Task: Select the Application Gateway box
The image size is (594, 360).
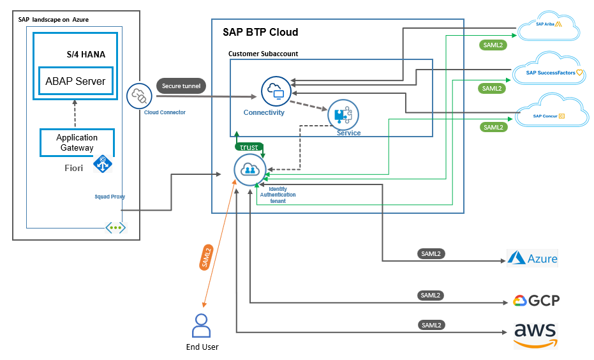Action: coord(77,142)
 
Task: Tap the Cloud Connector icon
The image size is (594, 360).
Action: coord(138,96)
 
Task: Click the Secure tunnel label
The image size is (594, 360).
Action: coord(181,86)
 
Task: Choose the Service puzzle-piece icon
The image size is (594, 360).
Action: coord(343,115)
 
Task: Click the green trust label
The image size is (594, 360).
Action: coord(249,147)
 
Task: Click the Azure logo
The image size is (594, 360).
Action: coord(532,259)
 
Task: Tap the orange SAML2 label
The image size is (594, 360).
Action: coord(206,258)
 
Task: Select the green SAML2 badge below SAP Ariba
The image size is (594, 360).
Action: coord(492,45)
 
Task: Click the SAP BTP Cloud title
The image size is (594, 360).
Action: coord(260,32)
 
